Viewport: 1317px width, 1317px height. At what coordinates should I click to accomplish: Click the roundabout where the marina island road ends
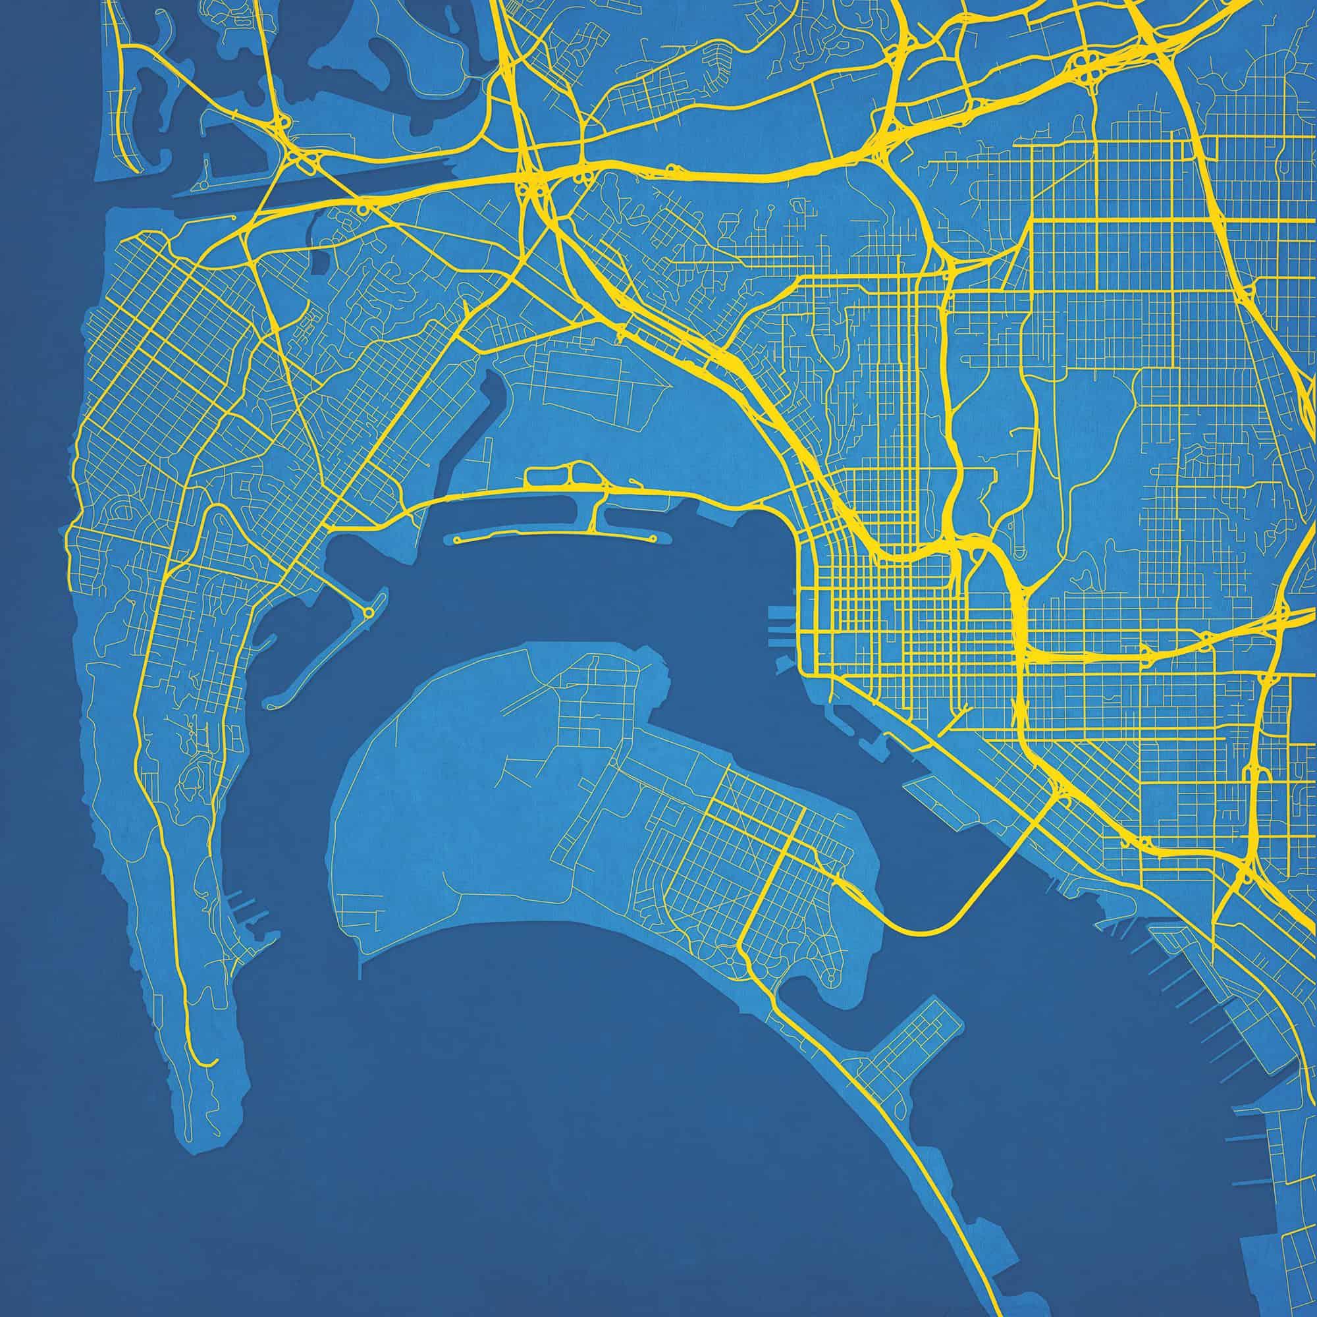tap(369, 614)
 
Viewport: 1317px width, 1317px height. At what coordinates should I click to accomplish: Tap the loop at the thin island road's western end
tap(456, 539)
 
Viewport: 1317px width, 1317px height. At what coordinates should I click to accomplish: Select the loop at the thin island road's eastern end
tap(654, 539)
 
